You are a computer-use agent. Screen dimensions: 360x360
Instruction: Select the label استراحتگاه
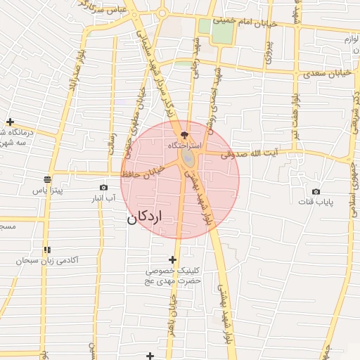tap(184, 145)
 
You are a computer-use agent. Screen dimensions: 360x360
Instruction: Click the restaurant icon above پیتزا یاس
tap(46, 179)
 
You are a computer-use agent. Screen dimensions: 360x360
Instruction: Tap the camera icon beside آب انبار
tap(104, 187)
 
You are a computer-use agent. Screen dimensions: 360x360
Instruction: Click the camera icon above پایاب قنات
tap(316, 191)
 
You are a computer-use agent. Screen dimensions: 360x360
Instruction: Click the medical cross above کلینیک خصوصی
tap(173, 259)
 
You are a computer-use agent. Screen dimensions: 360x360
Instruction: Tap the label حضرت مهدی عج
tap(173, 281)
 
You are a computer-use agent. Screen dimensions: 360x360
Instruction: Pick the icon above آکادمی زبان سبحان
tap(46, 250)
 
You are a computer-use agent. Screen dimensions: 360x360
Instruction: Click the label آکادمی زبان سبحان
tap(49, 260)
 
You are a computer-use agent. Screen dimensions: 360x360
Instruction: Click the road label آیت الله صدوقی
tap(249, 153)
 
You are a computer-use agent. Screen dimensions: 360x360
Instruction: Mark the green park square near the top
tap(221, 32)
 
